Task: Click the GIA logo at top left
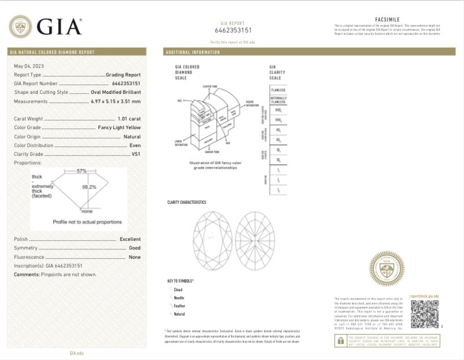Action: pos(45,26)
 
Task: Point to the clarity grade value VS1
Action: pos(135,154)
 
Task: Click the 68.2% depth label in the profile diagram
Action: pos(89,187)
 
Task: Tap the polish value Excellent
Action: pos(130,239)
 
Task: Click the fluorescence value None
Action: pos(134,256)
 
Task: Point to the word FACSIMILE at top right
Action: pos(387,20)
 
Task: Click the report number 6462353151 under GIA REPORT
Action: pos(233,30)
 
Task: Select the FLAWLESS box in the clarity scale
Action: pos(278,90)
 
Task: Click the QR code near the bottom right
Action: pos(425,315)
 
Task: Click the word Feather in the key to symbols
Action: pos(179,305)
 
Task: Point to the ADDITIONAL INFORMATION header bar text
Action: pos(193,52)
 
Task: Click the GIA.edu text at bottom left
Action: pos(77,352)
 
